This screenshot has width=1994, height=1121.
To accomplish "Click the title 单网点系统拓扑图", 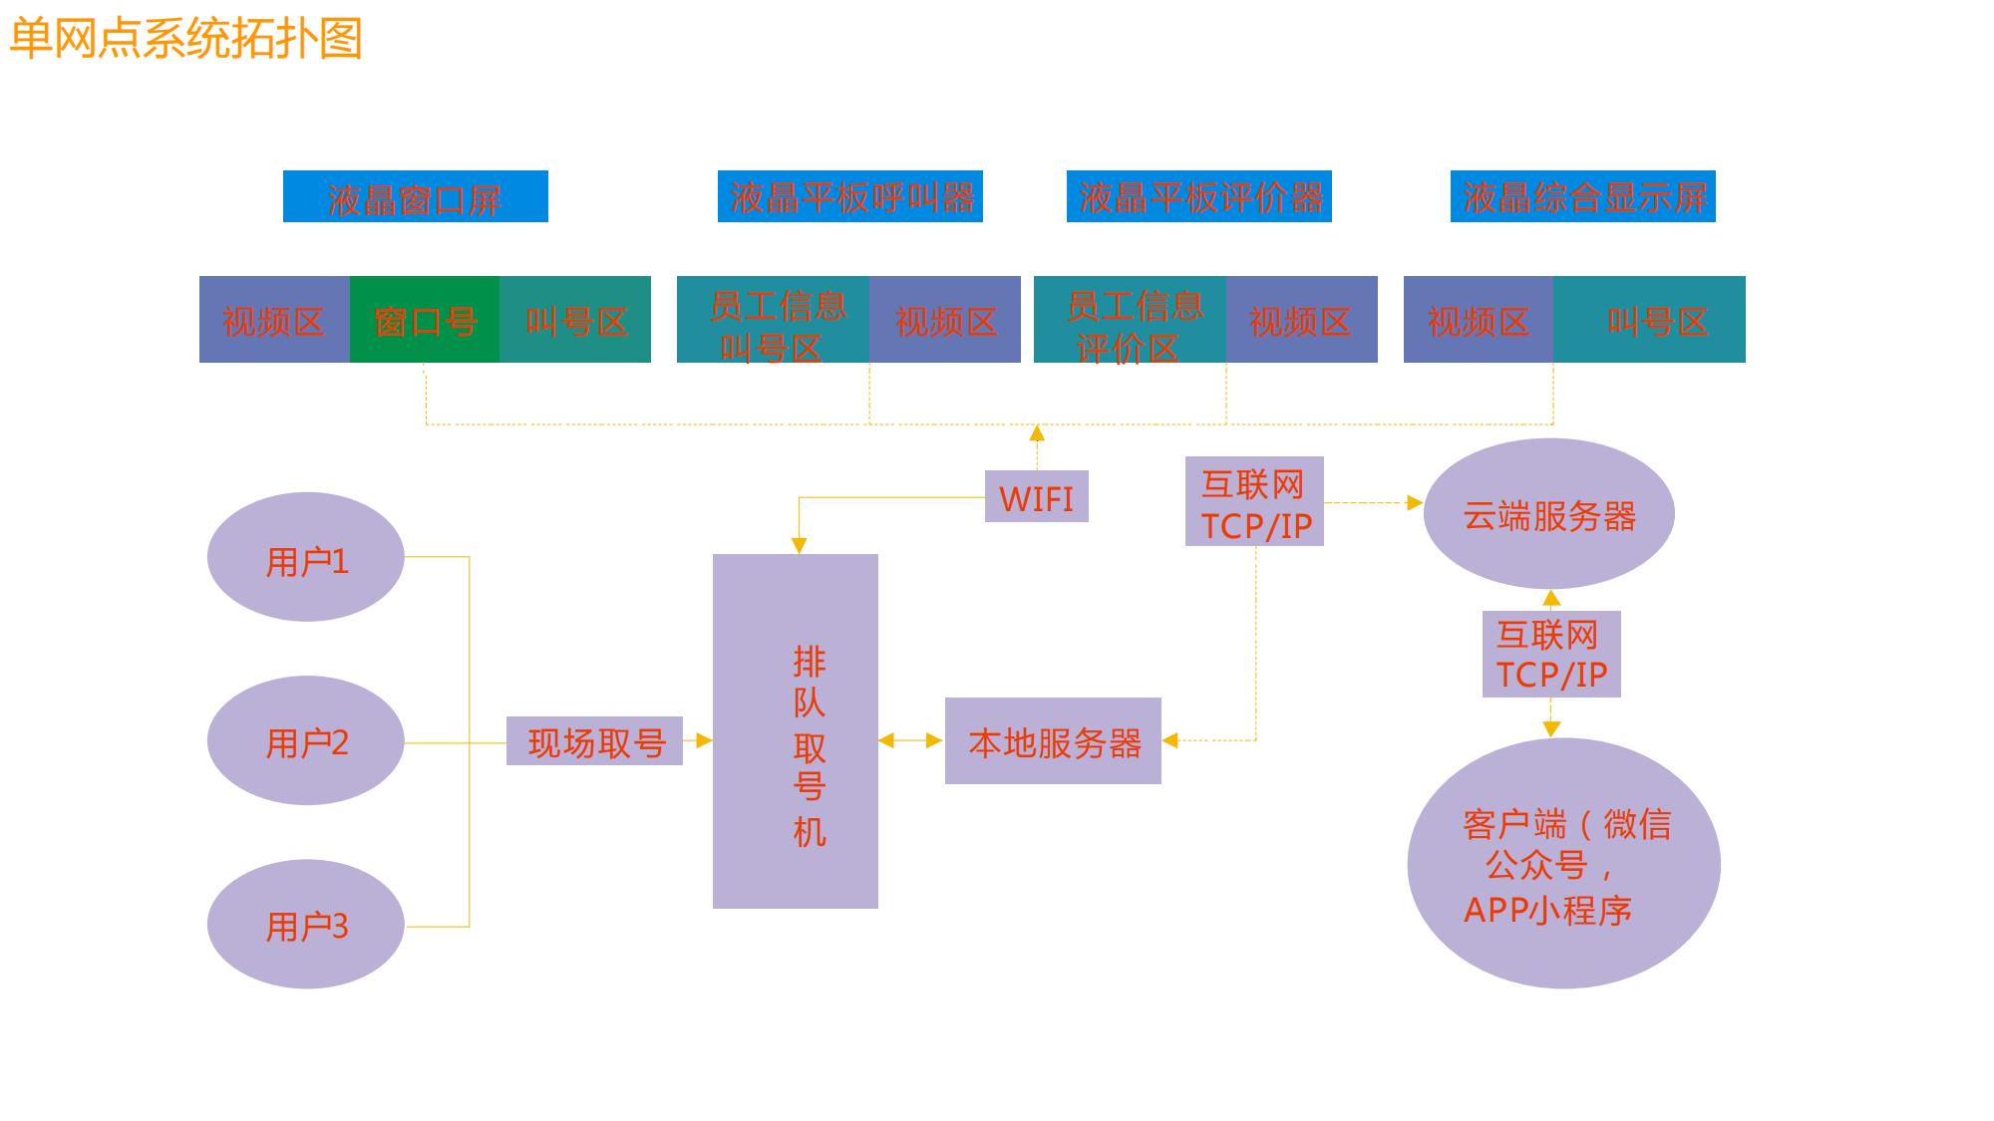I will (185, 38).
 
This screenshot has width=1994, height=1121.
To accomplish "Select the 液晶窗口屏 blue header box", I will (415, 196).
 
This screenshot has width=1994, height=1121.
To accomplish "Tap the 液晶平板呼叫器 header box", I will (849, 196).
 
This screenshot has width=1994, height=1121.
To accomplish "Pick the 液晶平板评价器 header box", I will (1198, 196).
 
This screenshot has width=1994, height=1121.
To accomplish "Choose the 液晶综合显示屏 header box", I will (1582, 196).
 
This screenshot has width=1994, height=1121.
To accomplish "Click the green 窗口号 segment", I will (425, 320).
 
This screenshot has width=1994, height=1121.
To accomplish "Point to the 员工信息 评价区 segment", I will (1130, 320).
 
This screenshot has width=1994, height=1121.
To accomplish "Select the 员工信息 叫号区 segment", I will (773, 320).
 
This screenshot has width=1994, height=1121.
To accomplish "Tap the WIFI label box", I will (1036, 496).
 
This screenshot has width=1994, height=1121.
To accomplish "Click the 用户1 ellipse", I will (305, 557).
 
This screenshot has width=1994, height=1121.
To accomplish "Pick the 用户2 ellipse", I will (305, 740).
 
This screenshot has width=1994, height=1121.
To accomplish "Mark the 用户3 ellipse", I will (305, 924).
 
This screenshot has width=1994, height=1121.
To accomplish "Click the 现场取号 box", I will (594, 741).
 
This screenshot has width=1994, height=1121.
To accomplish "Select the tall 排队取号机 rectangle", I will (795, 731).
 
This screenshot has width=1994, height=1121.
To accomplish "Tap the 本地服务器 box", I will (1053, 741).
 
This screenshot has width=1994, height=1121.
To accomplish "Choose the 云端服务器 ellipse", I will (1548, 514).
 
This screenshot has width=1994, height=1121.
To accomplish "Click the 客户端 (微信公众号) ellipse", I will (1563, 863).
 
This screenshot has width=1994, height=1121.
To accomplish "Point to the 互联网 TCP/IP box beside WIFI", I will (1254, 501).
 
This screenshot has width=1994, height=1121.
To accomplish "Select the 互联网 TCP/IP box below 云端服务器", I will (1551, 654).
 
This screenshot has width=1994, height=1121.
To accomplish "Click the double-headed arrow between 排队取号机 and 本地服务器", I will (911, 740).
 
